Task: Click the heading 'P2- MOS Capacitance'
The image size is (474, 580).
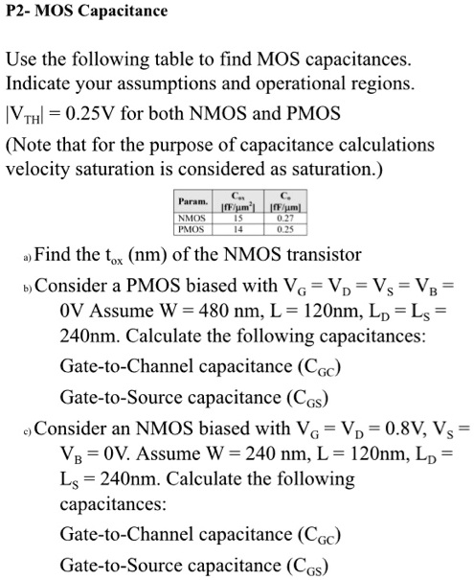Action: (x=86, y=12)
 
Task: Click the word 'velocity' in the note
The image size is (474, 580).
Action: (x=36, y=171)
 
